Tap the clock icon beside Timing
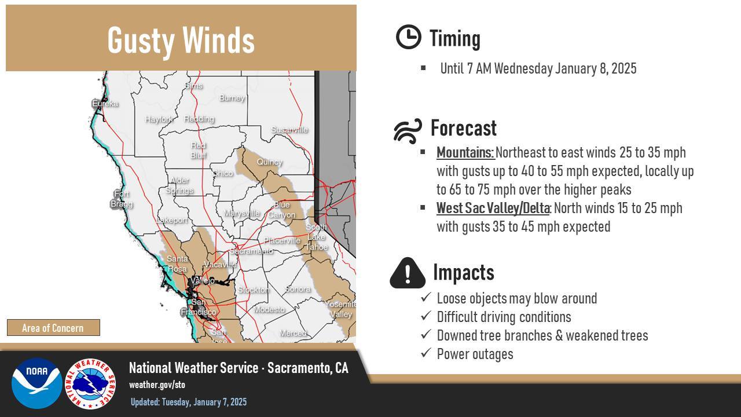(408, 37)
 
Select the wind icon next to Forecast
(408, 131)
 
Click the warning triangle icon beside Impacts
(408, 273)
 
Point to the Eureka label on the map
(105, 104)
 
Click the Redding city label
(199, 119)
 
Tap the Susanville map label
(289, 130)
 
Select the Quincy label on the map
(269, 162)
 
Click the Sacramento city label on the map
(251, 251)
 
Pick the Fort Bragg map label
(122, 199)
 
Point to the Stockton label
(254, 290)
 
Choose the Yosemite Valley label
(340, 309)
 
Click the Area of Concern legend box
(53, 328)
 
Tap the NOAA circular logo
(36, 383)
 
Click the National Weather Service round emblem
(90, 383)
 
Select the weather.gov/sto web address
(157, 385)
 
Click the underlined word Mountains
(465, 152)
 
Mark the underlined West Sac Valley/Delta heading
(493, 208)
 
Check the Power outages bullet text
(475, 354)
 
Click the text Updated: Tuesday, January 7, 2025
(189, 402)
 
